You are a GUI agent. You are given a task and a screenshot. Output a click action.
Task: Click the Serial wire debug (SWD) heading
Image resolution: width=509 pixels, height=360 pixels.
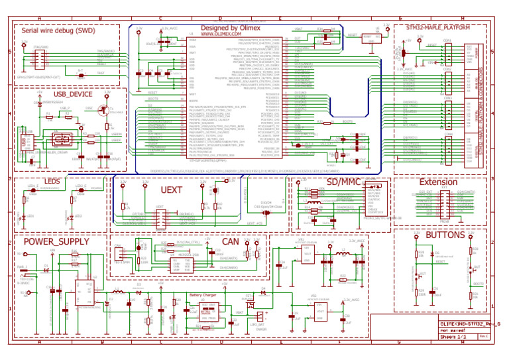point(57,30)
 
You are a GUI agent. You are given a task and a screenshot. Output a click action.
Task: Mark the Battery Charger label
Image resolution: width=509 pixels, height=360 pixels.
point(205,295)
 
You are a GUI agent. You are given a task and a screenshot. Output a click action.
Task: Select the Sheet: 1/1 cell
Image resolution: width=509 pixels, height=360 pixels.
point(454,337)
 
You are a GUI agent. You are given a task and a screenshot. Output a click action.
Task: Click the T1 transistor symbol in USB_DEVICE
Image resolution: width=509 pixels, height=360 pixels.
point(103,111)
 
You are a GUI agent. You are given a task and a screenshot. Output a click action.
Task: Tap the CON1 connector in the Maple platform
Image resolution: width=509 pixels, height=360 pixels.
point(447,53)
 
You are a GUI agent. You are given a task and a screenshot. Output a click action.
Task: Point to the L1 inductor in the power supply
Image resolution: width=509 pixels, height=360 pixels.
point(118,292)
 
